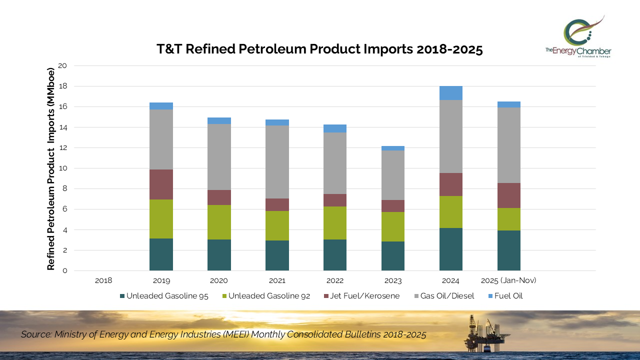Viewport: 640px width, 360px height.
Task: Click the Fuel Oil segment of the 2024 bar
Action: (450, 93)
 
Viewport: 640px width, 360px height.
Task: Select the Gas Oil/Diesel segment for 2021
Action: (277, 162)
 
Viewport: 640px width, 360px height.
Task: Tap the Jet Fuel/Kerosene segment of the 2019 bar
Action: (161, 184)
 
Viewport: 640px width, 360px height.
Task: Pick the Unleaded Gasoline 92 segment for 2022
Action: (335, 223)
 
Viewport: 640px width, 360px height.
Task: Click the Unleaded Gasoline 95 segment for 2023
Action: (392, 256)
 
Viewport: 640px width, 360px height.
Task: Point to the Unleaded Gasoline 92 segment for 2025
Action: (508, 219)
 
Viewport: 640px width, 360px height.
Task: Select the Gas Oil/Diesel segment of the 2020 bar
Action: (219, 157)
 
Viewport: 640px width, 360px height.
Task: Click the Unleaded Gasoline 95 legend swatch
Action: (122, 296)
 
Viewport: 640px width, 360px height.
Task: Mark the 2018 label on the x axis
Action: (103, 280)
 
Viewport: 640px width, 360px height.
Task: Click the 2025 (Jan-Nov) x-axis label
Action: (508, 280)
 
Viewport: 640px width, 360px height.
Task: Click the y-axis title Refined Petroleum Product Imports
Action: (50, 168)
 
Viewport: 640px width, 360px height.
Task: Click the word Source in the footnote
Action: (35, 334)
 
